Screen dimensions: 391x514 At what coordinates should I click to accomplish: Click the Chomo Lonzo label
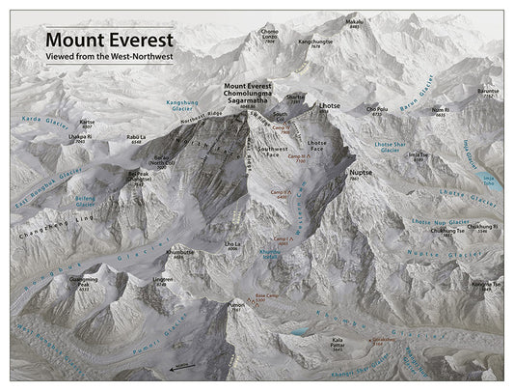pyautogui.click(x=270, y=37)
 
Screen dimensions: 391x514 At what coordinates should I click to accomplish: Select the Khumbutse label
pyautogui.click(x=180, y=253)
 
